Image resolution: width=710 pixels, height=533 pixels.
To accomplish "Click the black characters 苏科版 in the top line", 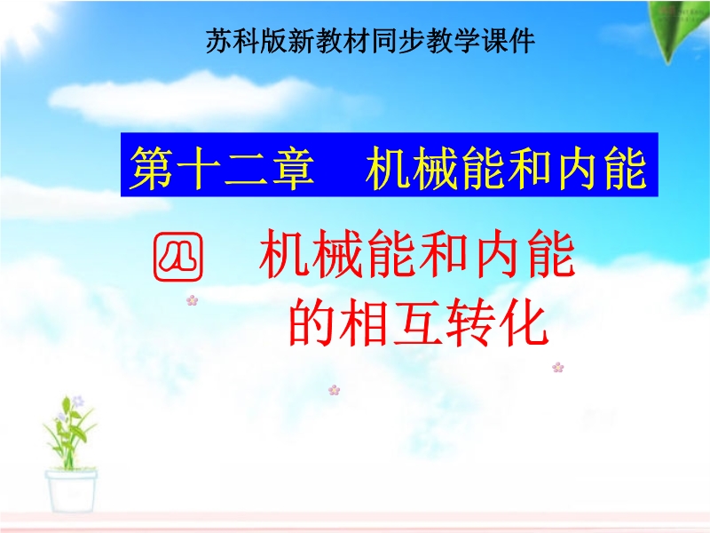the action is click(x=248, y=41).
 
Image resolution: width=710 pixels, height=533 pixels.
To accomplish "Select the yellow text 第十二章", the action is click(x=222, y=168).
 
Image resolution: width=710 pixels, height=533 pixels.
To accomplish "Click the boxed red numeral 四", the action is click(x=178, y=257).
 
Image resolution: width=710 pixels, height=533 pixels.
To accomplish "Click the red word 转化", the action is click(x=497, y=322).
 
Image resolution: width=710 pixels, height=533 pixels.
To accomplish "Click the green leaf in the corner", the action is click(x=678, y=30).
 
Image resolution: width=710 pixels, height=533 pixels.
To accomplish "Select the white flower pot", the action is click(x=71, y=491).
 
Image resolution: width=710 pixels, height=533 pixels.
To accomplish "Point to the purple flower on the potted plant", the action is click(x=78, y=401).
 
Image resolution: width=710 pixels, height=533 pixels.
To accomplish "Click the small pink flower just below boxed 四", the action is click(x=192, y=300).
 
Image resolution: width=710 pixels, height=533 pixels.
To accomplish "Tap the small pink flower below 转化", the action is click(x=558, y=367).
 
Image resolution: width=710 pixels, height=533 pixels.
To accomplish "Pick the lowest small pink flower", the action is click(x=335, y=390).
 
